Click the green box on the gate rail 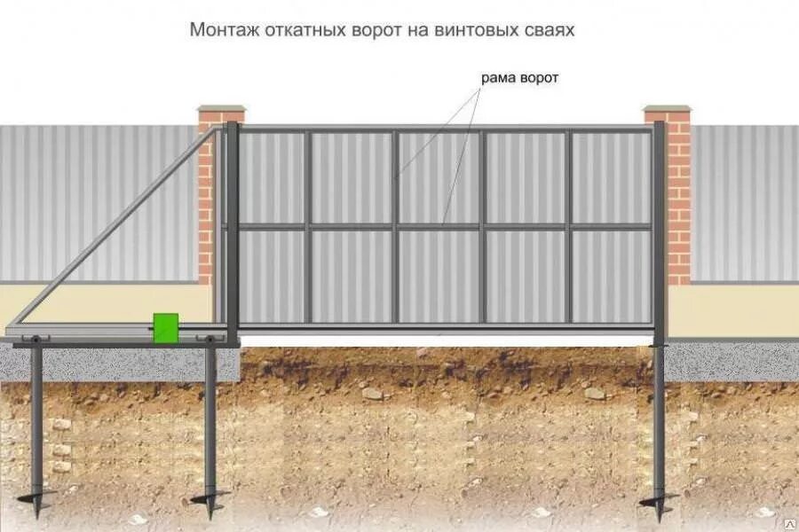(165, 327)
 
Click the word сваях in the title (550, 30)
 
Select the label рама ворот (519, 78)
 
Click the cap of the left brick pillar (220, 113)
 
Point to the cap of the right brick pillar (668, 113)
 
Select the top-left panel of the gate (273, 177)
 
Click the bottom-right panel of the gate (611, 276)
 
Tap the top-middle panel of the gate (438, 177)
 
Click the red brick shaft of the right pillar (678, 204)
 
